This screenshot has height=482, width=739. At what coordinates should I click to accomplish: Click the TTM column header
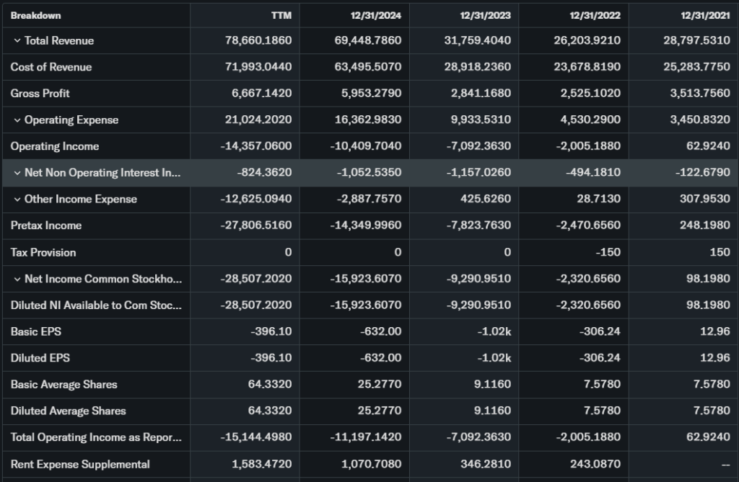[282, 15]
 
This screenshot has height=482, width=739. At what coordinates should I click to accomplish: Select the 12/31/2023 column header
[485, 15]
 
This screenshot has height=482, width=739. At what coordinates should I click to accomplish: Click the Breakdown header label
[35, 15]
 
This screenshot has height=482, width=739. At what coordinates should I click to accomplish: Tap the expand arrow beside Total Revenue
[17, 41]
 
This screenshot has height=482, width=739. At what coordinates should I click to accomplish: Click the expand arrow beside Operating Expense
[17, 120]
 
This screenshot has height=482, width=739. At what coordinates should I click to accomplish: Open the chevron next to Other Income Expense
[17, 200]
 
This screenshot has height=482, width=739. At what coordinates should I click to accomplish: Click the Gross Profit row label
[40, 94]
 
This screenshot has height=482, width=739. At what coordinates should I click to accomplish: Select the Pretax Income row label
[46, 226]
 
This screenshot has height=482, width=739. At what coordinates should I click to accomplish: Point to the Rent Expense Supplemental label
[80, 464]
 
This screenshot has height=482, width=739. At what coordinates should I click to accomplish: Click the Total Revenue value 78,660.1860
[258, 41]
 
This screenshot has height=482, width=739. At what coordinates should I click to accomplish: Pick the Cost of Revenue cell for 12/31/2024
[368, 67]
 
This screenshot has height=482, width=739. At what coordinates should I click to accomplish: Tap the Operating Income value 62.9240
[705, 146]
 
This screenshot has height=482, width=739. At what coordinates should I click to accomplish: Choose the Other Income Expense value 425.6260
[484, 200]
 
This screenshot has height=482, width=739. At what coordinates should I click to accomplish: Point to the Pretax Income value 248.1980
[702, 226]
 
